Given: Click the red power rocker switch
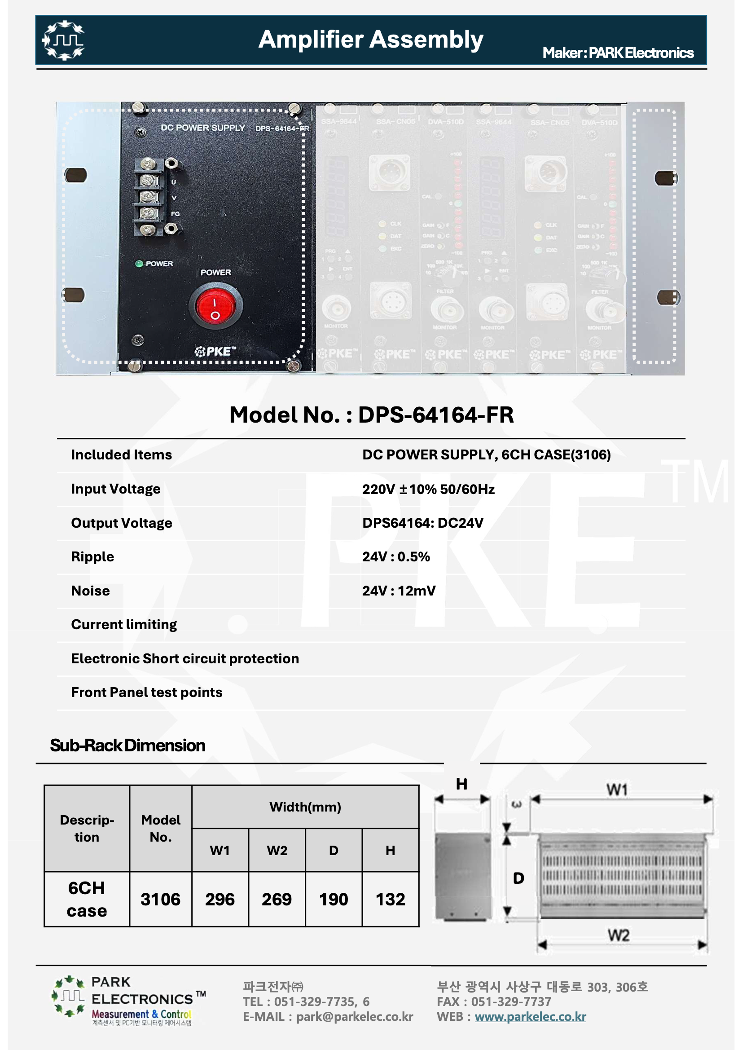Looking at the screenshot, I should tap(215, 305).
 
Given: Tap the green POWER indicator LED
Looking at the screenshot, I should tap(139, 264).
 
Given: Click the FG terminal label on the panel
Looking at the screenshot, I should tap(175, 214).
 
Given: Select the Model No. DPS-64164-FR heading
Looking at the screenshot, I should tap(371, 415).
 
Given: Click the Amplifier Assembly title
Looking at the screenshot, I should tap(370, 40).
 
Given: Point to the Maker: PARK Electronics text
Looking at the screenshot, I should tap(618, 53).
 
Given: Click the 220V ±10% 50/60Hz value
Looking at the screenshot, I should tap(428, 490).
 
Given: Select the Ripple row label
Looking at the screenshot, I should tap(92, 557).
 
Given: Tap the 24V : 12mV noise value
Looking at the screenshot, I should tap(399, 591).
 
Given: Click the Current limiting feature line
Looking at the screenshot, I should tap(124, 625).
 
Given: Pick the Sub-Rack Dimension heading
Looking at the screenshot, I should tap(127, 746).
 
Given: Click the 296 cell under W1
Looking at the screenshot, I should tap(220, 900).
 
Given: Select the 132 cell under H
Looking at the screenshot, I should tap(391, 900).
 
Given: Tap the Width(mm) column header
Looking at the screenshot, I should tap(305, 807).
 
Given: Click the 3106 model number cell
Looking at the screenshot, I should tap(160, 900).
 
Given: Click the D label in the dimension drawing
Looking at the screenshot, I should tap(518, 878).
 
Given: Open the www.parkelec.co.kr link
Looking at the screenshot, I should tap(530, 1017).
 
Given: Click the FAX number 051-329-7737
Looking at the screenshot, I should tap(511, 1002).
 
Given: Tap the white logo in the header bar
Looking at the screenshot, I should tap(64, 40).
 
